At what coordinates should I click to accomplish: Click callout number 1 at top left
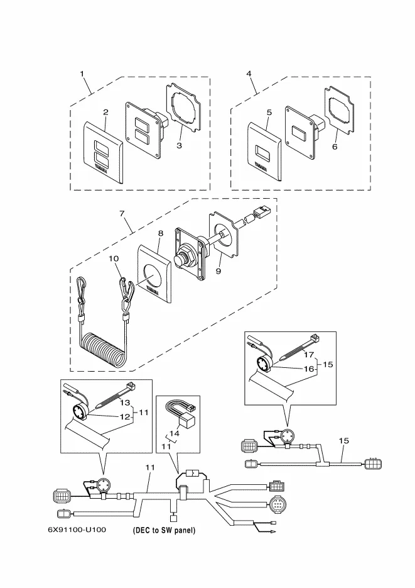click(82, 74)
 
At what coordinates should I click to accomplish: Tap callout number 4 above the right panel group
click(249, 74)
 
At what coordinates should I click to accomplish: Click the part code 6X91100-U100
click(77, 529)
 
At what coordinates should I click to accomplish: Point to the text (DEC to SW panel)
click(164, 530)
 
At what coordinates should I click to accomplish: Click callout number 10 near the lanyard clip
click(114, 259)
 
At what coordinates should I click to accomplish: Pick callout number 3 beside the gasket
click(180, 146)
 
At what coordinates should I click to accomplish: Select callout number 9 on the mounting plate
click(218, 272)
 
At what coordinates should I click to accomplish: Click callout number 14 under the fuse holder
click(174, 433)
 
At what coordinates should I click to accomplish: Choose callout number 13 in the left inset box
click(125, 402)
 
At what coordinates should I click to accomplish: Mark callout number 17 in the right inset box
click(309, 355)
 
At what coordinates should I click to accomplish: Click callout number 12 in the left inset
click(124, 417)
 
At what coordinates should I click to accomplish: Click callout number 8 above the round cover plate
click(161, 233)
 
